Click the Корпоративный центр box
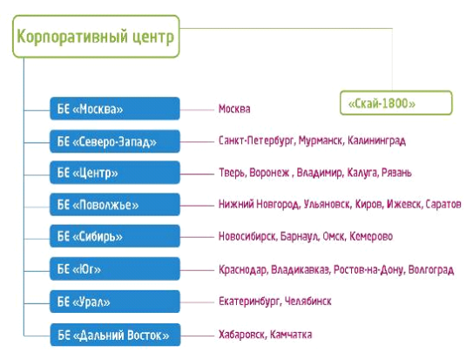(x=96, y=37)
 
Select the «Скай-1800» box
(x=396, y=103)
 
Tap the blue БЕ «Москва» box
(x=115, y=109)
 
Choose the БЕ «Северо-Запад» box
(x=115, y=141)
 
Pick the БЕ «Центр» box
(x=115, y=173)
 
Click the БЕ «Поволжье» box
(x=115, y=205)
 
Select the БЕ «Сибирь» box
(x=115, y=236)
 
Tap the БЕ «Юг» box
(x=115, y=268)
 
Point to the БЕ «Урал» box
(x=115, y=302)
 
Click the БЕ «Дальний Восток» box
(x=115, y=335)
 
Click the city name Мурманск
(x=321, y=140)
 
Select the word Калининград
(x=376, y=141)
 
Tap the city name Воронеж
(x=269, y=173)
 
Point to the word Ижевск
(x=404, y=204)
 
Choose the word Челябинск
(x=308, y=301)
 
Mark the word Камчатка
(x=291, y=335)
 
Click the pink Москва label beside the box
(x=234, y=109)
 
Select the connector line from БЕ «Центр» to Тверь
(x=197, y=174)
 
